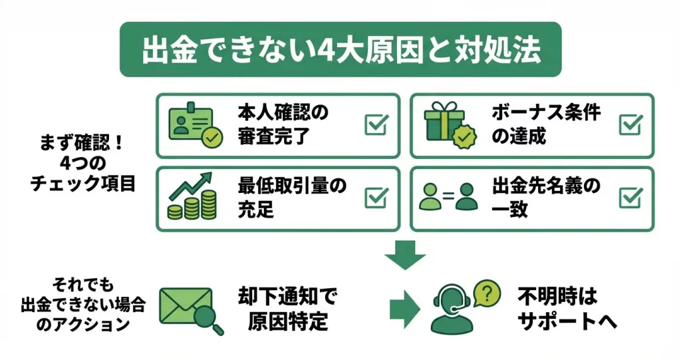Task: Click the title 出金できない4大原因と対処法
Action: click(x=340, y=51)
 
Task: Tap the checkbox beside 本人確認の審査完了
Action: click(x=376, y=124)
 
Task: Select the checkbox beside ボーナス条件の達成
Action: click(x=630, y=124)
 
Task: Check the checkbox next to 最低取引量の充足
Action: click(x=376, y=198)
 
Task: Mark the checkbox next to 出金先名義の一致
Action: click(x=630, y=198)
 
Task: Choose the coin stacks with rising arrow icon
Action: click(x=193, y=197)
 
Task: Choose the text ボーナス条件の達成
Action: click(x=546, y=124)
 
